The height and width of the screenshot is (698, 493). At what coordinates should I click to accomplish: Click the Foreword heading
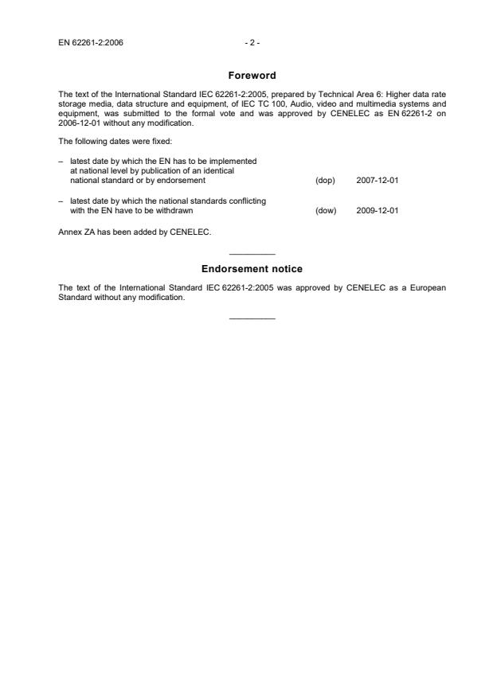tap(252, 76)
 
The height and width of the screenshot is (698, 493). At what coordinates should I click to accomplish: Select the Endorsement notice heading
tap(252, 269)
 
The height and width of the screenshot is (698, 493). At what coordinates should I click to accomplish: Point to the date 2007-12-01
tap(377, 181)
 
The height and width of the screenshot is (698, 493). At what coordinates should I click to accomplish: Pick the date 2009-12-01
tap(377, 211)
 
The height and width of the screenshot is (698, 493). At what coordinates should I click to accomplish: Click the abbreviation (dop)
tap(325, 181)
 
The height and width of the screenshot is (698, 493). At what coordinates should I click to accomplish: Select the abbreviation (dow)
tap(325, 211)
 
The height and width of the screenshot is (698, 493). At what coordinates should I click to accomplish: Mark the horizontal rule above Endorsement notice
tap(252, 253)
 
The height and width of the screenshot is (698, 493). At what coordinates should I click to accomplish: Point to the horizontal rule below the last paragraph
tap(252, 318)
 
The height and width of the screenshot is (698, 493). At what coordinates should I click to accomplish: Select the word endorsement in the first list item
tap(183, 181)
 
